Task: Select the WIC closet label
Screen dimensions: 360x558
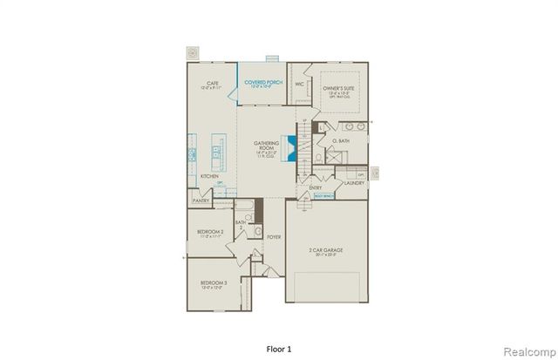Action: click(299, 85)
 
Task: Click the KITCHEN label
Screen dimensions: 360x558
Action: click(209, 177)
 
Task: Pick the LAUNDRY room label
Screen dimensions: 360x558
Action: click(352, 183)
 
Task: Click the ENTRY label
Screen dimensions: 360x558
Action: click(315, 187)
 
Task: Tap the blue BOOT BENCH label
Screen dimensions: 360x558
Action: click(322, 196)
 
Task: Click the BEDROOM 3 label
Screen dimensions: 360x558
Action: click(214, 283)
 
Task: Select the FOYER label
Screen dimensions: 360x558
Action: click(274, 235)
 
